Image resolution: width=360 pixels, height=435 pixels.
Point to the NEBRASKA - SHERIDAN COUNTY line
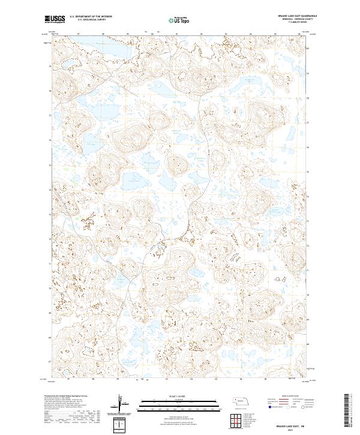(293, 20)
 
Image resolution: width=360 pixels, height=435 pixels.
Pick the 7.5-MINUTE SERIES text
(293, 23)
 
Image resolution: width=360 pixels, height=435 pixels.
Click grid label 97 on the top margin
(79, 34)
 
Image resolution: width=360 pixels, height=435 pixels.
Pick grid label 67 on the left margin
(50, 361)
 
